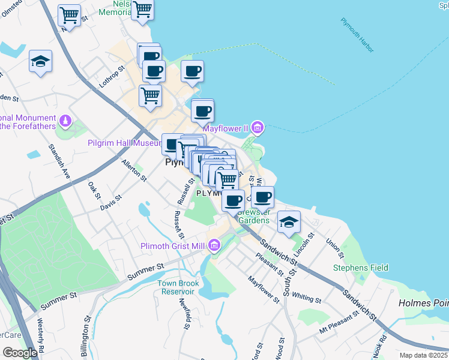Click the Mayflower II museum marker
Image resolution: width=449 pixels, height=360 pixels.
(x=258, y=127)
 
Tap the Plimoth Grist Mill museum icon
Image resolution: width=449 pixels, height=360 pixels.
(x=214, y=245)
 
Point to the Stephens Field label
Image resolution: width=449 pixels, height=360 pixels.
(x=361, y=268)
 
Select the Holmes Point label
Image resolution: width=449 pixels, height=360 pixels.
(x=423, y=304)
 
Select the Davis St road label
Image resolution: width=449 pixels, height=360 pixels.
(x=110, y=202)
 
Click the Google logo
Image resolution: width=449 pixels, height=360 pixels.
(x=20, y=353)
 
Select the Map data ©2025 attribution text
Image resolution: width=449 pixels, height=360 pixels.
(x=424, y=355)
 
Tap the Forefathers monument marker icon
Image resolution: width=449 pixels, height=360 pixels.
(x=65, y=122)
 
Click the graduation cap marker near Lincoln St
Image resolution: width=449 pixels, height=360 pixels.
(x=289, y=222)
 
